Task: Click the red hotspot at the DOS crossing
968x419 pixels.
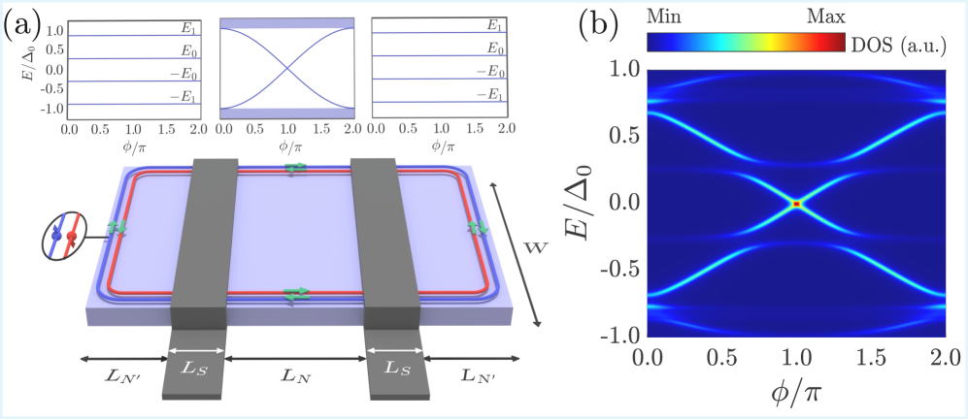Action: [x=796, y=204]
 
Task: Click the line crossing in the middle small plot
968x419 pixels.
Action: [x=285, y=69]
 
